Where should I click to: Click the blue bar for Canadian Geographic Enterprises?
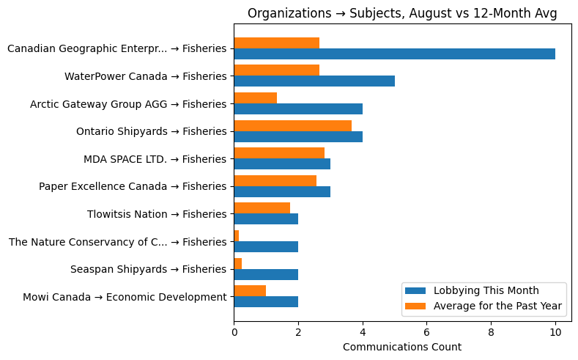point(394,54)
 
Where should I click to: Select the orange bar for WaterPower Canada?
point(276,70)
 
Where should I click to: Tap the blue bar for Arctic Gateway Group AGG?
point(297,109)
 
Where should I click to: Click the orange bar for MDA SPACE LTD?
point(278,153)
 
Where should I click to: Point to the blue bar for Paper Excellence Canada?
point(281,191)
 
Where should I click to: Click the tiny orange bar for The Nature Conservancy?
point(236,235)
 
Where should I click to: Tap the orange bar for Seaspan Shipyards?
point(237,263)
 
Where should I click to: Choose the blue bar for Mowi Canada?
point(265,301)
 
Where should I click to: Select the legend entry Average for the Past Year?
point(497,306)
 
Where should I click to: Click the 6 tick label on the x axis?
point(426,332)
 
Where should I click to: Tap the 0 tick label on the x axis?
point(234,332)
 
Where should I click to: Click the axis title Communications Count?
point(401,347)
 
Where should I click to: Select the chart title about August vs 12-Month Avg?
point(402,13)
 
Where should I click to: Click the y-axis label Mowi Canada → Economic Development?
point(125,297)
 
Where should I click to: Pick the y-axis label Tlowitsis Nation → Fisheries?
point(157,214)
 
